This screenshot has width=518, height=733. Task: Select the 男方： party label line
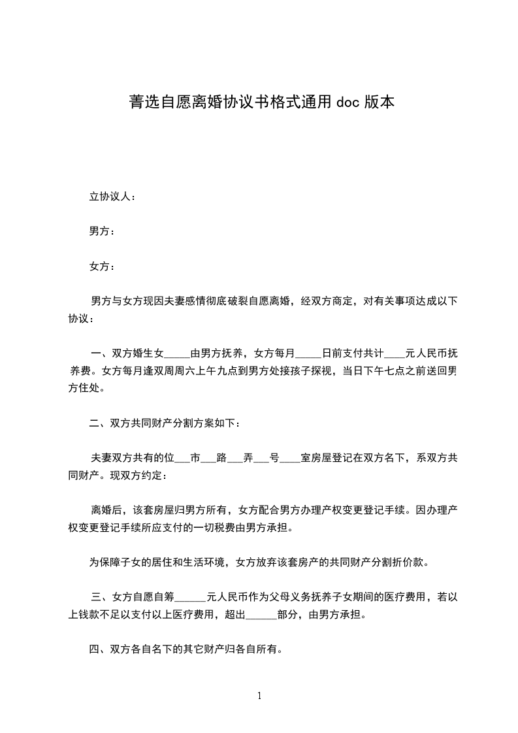(x=101, y=231)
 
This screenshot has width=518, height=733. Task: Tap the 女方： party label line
(x=101, y=267)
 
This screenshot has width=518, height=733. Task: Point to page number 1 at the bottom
(x=259, y=696)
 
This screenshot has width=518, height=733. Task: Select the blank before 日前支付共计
(x=308, y=355)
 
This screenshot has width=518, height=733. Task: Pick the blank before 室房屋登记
(x=290, y=458)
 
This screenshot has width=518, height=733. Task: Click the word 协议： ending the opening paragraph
(x=81, y=319)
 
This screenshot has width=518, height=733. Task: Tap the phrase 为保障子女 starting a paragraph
(x=115, y=562)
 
